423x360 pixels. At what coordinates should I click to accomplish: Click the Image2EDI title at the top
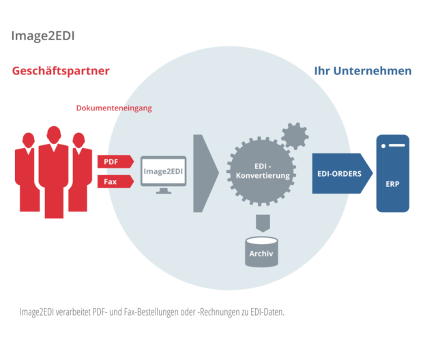click(x=43, y=36)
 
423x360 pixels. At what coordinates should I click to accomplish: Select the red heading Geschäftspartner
click(x=61, y=71)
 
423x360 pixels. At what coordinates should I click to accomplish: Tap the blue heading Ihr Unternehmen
click(x=363, y=71)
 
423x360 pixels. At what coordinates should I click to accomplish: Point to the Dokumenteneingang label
click(x=114, y=108)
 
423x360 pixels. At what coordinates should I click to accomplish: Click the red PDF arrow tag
click(x=115, y=162)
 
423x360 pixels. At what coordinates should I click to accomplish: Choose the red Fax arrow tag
click(x=115, y=181)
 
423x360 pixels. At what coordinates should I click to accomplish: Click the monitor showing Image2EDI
click(x=164, y=174)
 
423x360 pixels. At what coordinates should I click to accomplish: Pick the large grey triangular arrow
click(x=205, y=173)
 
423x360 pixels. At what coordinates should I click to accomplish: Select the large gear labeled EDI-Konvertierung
click(x=261, y=171)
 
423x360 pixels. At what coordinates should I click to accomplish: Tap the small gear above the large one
click(x=295, y=136)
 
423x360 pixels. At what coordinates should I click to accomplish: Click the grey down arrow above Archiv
click(x=263, y=223)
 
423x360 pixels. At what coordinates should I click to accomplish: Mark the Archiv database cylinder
click(x=261, y=252)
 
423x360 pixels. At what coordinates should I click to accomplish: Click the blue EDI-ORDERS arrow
click(x=342, y=173)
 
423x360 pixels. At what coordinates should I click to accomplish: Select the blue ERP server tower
click(x=393, y=173)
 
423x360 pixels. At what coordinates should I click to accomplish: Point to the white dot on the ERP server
click(x=383, y=146)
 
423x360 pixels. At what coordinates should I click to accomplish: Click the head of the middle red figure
click(x=54, y=135)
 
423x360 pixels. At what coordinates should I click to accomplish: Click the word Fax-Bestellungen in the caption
click(x=151, y=312)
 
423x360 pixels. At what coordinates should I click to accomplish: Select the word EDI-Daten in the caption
click(x=267, y=312)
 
